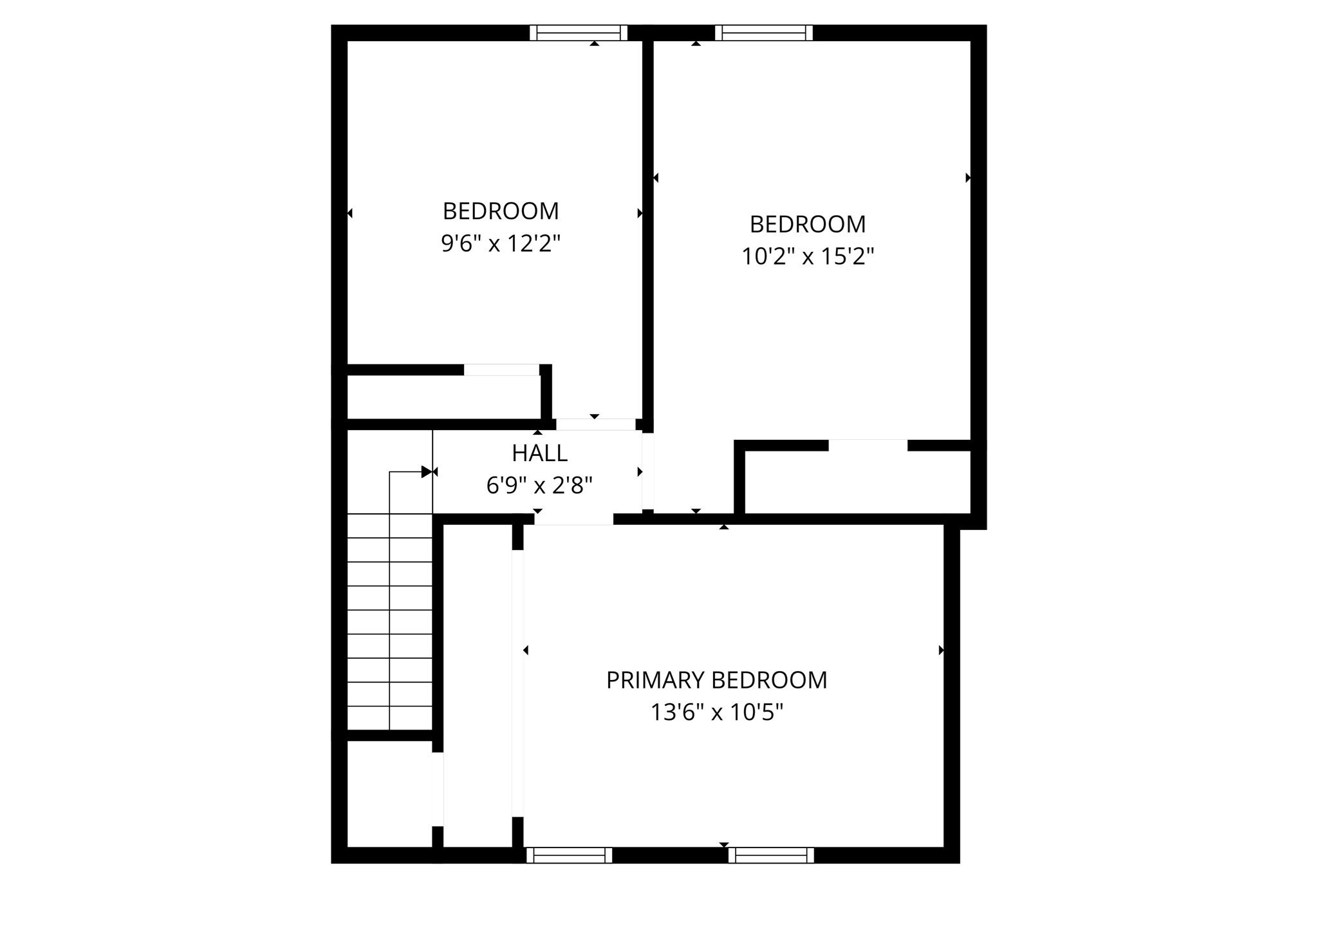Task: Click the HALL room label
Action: click(539, 453)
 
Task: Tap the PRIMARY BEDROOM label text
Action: click(716, 680)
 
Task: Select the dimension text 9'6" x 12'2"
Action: click(501, 243)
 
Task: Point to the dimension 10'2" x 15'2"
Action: click(808, 257)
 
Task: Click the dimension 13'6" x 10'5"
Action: click(716, 712)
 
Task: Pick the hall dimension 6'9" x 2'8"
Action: click(539, 485)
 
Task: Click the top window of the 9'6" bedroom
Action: click(578, 33)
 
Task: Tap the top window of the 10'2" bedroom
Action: click(763, 33)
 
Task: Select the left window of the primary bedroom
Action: click(569, 855)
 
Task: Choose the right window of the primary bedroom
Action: click(771, 855)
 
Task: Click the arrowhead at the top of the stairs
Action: click(426, 472)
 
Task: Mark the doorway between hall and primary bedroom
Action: click(573, 519)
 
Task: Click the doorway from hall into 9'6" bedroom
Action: click(595, 424)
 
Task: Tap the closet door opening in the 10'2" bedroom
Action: click(868, 445)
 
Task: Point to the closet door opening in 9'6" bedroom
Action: click(501, 370)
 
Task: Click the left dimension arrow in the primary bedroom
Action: click(526, 650)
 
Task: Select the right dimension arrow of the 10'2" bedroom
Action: click(968, 178)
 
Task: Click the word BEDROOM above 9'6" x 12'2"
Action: click(501, 211)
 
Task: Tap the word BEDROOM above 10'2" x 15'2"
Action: click(808, 225)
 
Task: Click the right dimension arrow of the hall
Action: click(640, 472)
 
